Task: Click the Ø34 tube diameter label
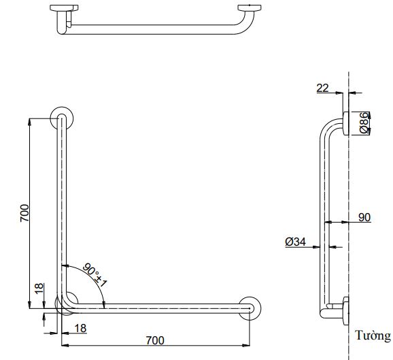pyautogui.click(x=294, y=240)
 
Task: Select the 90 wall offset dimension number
pyautogui.click(x=364, y=217)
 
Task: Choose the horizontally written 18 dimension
pyautogui.click(x=80, y=328)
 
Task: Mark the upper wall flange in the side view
pyautogui.click(x=346, y=122)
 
